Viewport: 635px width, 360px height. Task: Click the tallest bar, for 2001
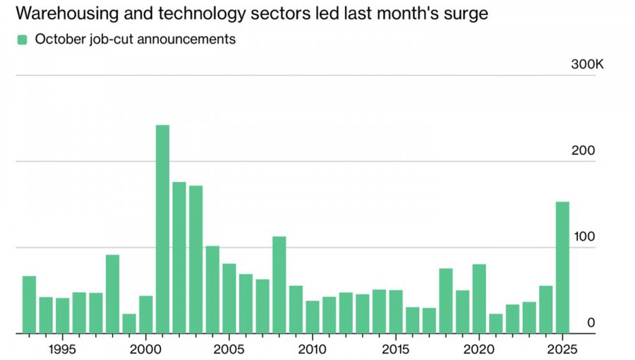coord(162,229)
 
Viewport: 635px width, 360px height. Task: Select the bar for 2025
coord(562,268)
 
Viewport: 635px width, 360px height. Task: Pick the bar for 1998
coord(112,294)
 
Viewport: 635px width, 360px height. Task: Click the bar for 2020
coord(479,299)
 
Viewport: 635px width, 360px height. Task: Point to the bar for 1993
coord(29,304)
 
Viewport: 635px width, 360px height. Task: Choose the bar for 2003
coord(195,259)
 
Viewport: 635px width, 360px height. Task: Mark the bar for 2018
coord(446,301)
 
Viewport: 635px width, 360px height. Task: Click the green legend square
coord(22,40)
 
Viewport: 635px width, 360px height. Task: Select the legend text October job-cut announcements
coord(135,40)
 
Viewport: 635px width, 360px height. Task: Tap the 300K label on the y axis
coord(587,65)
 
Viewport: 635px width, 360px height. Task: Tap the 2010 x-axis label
coord(313,349)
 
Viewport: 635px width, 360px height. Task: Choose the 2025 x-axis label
coord(562,349)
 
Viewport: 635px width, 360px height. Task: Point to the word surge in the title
coord(466,14)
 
